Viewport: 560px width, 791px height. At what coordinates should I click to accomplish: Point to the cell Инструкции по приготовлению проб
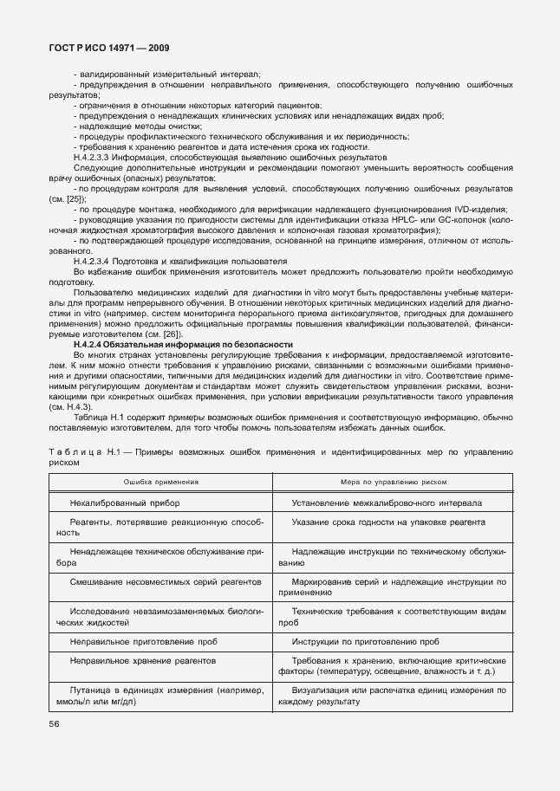365,641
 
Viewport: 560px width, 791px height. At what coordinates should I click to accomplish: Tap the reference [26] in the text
172,334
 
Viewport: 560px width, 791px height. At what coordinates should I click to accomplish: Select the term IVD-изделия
486,209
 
